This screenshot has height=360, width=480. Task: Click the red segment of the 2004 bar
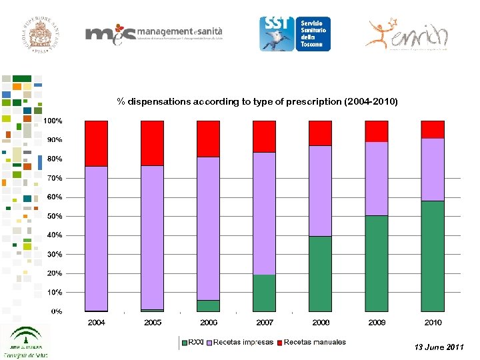(x=97, y=143)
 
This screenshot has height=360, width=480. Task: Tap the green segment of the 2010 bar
(x=433, y=256)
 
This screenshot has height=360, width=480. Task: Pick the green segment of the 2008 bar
(x=320, y=273)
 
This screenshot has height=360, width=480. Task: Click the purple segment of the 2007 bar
(x=264, y=213)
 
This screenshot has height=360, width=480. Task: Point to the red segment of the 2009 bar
(x=377, y=131)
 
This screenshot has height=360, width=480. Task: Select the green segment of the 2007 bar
(x=264, y=293)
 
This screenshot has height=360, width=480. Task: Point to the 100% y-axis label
(x=53, y=121)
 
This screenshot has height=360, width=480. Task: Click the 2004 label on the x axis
(x=97, y=323)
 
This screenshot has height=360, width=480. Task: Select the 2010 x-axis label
(x=433, y=323)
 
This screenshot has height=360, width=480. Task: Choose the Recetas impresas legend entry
(x=241, y=342)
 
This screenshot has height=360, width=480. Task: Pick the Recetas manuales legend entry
(x=313, y=342)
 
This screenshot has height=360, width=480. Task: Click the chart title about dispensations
(x=257, y=102)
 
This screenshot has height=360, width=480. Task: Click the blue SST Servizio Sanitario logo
(x=294, y=33)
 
